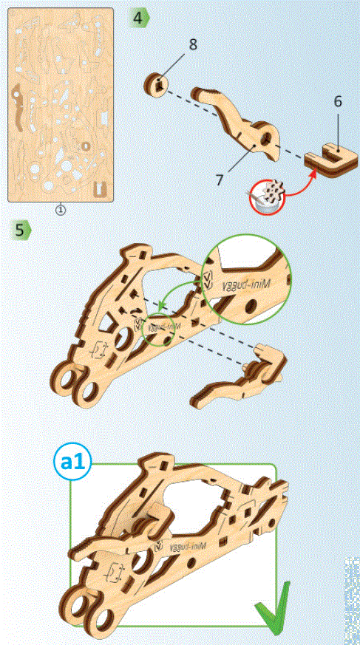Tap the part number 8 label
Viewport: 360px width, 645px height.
[192, 44]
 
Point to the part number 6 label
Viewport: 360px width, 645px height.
[337, 101]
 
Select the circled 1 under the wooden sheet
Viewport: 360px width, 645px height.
[61, 209]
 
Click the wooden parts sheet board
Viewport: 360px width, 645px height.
[61, 103]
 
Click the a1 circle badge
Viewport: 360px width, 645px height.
[72, 463]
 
